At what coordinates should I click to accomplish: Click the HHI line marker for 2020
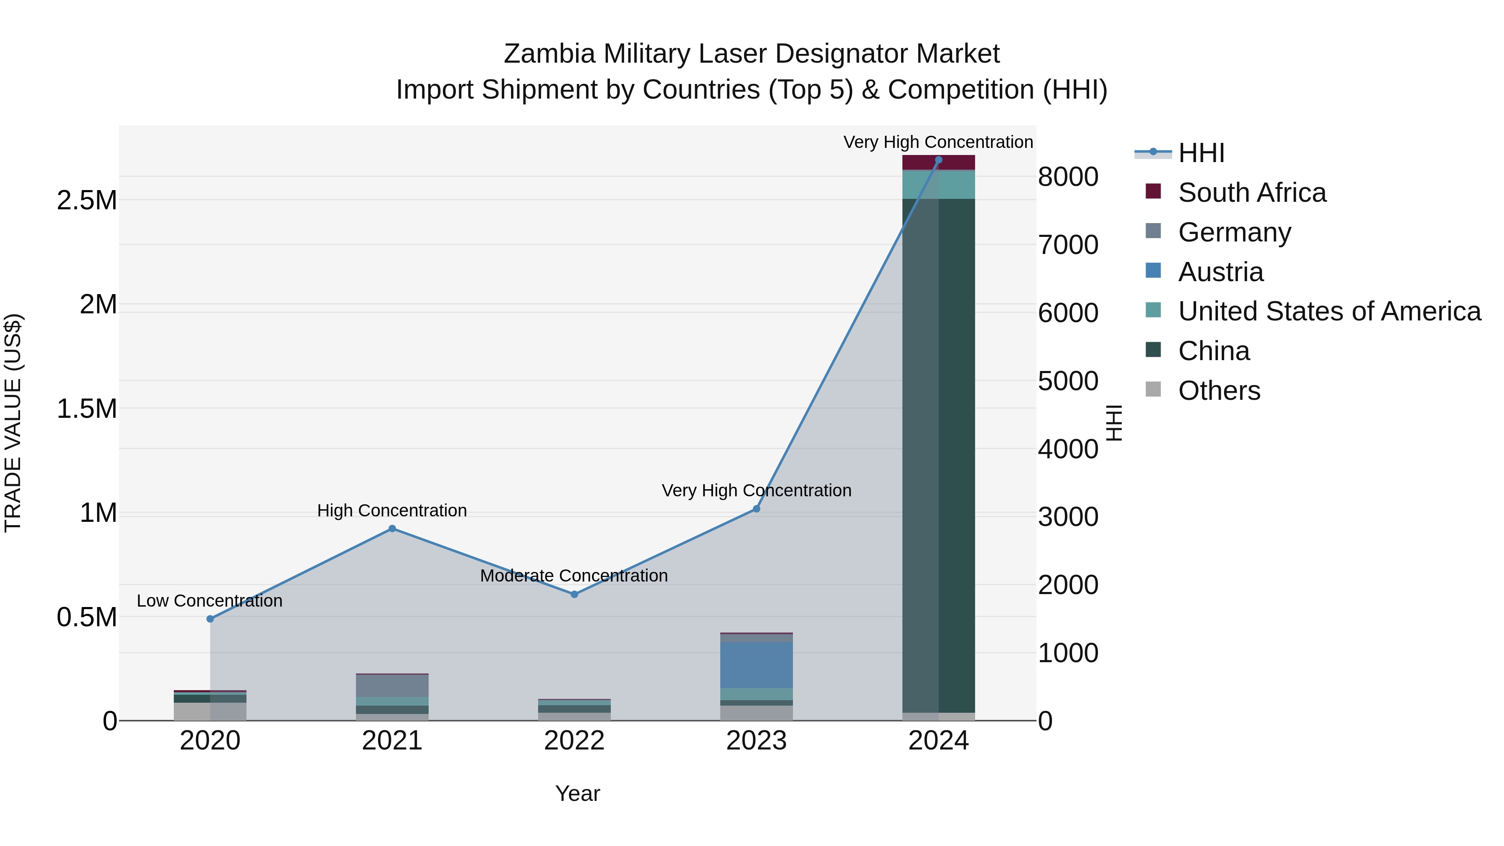(x=210, y=619)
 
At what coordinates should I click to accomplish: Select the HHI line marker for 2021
(x=392, y=529)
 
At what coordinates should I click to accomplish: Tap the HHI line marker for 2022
(x=574, y=594)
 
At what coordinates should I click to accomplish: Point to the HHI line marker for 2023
(x=757, y=509)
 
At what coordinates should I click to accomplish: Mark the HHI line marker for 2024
(x=939, y=160)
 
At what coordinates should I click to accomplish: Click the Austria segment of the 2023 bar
(x=757, y=666)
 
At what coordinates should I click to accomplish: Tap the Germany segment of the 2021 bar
(x=392, y=686)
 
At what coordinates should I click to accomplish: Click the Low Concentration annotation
(x=210, y=601)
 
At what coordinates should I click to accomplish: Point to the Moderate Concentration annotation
(x=574, y=576)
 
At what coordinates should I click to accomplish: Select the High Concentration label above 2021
(x=392, y=511)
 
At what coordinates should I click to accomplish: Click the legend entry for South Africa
(x=1252, y=193)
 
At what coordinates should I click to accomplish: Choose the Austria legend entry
(x=1220, y=272)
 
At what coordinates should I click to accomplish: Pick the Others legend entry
(x=1219, y=391)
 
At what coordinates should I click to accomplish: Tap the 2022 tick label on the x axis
(x=574, y=741)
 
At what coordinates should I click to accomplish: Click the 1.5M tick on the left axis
(x=87, y=409)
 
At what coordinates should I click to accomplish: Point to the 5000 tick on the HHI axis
(x=1068, y=381)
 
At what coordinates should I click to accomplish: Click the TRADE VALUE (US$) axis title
(x=13, y=423)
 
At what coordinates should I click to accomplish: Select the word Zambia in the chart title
(x=549, y=54)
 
